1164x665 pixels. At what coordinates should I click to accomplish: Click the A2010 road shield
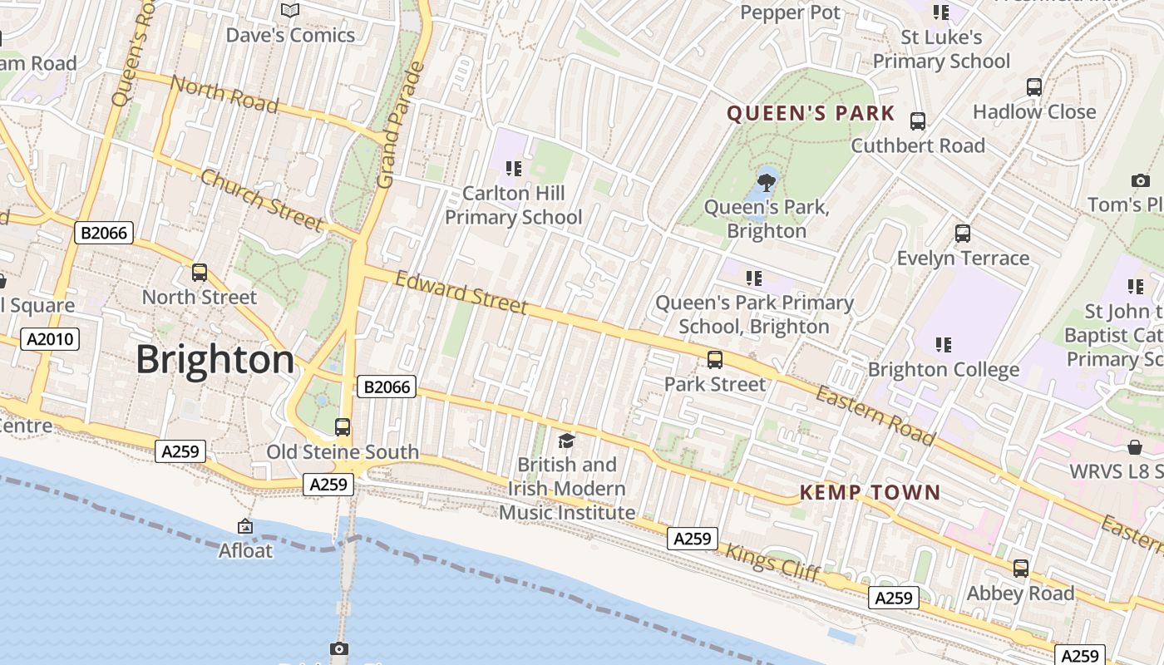50,339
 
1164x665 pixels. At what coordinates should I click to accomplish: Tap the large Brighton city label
215,360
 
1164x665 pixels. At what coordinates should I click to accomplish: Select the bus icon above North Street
200,272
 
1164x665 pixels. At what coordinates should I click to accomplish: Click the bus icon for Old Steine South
342,427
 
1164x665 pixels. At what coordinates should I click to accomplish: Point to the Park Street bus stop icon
714,360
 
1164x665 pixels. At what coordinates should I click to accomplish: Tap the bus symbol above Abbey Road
1020,569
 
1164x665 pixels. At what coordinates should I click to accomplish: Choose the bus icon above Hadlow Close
1034,87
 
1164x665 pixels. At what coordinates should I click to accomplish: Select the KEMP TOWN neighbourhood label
870,492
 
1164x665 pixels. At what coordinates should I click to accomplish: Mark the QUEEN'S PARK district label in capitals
811,114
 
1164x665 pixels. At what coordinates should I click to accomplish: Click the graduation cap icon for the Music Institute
567,441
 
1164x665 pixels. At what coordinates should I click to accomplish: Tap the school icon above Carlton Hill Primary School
514,169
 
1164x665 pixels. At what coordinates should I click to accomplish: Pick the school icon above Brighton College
943,344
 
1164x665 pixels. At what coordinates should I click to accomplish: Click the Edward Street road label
461,293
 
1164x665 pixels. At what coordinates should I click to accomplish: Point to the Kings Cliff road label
773,563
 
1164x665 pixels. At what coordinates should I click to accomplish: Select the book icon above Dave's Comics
290,11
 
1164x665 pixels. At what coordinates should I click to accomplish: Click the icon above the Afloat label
245,526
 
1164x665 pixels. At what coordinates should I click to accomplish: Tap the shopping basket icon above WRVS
1134,448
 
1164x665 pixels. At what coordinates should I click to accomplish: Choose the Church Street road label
261,199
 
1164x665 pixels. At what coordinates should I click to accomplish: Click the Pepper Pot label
790,12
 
